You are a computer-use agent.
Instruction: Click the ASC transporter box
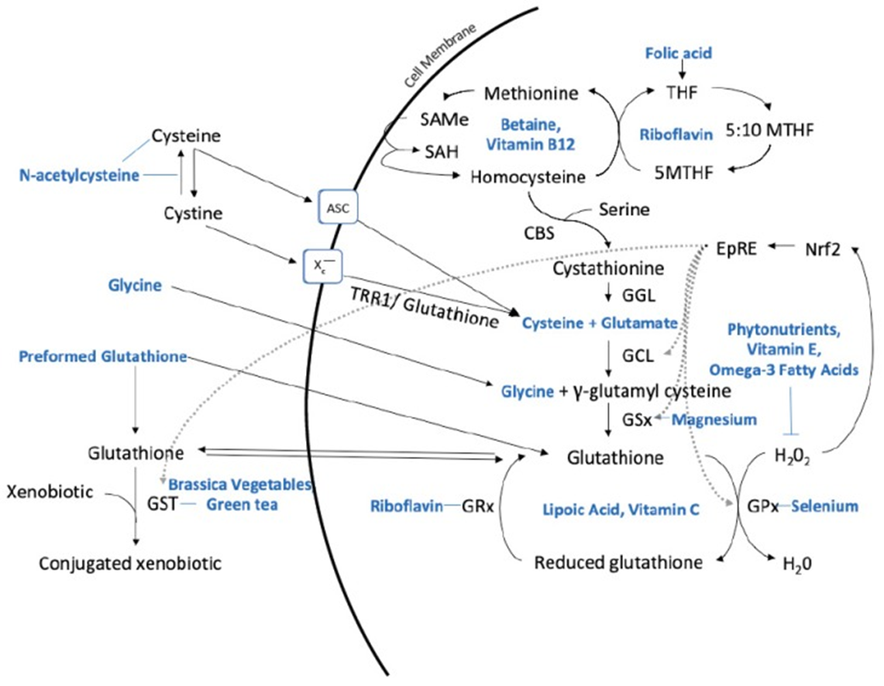tap(339, 208)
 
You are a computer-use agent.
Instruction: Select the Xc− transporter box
tap(322, 266)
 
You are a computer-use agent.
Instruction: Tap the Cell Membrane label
tap(441, 55)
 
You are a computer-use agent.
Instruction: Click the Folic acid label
tap(678, 53)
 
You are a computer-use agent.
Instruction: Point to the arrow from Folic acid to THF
tap(682, 69)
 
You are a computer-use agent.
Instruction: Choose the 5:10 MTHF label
tap(770, 130)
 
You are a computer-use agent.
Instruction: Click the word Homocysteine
tap(528, 177)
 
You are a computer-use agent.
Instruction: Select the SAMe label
tap(444, 119)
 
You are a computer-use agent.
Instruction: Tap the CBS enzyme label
tap(539, 232)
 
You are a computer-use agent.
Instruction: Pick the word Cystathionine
tap(608, 268)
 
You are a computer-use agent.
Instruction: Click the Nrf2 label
tap(823, 249)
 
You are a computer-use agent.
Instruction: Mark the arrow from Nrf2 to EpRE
tap(782, 246)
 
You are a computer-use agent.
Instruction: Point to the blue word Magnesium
tap(714, 420)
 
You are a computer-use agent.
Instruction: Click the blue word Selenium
tap(825, 506)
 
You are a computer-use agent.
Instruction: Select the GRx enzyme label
tap(477, 506)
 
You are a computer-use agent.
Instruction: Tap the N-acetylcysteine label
tap(80, 175)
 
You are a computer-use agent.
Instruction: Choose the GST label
tap(163, 503)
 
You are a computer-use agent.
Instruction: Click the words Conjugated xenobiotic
tap(130, 563)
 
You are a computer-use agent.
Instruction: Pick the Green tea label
tap(242, 504)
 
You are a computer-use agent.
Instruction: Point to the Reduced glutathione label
tap(618, 563)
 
